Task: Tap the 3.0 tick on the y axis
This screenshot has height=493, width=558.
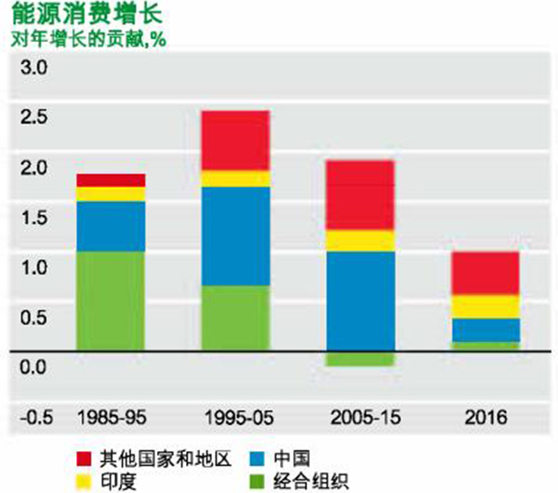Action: click(x=33, y=68)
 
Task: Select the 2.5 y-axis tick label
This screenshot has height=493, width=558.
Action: click(x=33, y=118)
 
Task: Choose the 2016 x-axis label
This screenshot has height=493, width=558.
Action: click(x=485, y=416)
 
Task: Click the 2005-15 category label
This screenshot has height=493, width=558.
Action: click(x=361, y=416)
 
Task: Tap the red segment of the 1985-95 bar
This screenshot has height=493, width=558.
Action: click(x=111, y=180)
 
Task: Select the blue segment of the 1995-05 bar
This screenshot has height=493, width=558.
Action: click(x=235, y=235)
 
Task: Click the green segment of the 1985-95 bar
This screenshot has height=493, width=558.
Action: click(x=111, y=301)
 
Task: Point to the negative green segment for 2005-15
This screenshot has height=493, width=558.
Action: click(x=360, y=359)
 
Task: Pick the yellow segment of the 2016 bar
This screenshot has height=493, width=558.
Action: click(x=485, y=306)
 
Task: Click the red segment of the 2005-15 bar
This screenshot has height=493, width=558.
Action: click(x=360, y=194)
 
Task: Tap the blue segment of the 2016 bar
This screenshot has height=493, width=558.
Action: click(x=485, y=330)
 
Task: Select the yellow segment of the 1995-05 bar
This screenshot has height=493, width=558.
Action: click(x=235, y=179)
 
